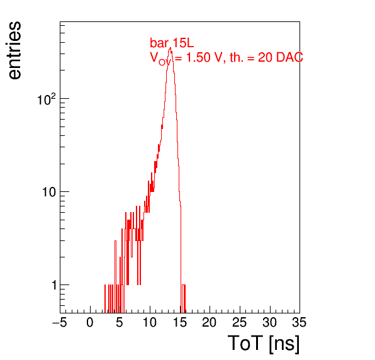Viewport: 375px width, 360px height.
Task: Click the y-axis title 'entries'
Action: pyautogui.click(x=14, y=50)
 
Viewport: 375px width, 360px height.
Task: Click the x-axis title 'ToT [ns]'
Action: pyautogui.click(x=264, y=344)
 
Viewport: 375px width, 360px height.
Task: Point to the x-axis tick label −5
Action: pyautogui.click(x=60, y=323)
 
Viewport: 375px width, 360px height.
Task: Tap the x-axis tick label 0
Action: pyautogui.click(x=90, y=323)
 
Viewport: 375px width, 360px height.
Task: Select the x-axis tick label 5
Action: pyautogui.click(x=120, y=323)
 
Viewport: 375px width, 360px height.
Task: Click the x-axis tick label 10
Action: pyautogui.click(x=150, y=323)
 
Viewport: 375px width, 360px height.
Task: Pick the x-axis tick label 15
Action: pyautogui.click(x=179, y=323)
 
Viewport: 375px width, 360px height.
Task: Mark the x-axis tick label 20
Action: pyautogui.click(x=210, y=323)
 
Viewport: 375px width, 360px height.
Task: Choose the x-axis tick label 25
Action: pyautogui.click(x=239, y=323)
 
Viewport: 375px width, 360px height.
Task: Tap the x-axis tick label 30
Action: pyautogui.click(x=269, y=323)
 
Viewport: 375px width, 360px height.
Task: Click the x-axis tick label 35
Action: pyautogui.click(x=299, y=323)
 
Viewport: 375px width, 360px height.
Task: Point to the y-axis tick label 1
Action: pyautogui.click(x=55, y=285)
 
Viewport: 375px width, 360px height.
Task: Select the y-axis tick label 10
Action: pyautogui.click(x=49, y=192)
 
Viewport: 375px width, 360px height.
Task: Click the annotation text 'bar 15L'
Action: pyautogui.click(x=172, y=43)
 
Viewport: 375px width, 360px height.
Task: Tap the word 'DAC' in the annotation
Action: pyautogui.click(x=289, y=57)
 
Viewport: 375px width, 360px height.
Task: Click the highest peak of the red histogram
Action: pyautogui.click(x=171, y=48)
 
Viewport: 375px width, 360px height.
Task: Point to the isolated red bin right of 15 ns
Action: pyautogui.click(x=184, y=298)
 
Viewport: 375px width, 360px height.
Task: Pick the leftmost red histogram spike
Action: pyautogui.click(x=104, y=298)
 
